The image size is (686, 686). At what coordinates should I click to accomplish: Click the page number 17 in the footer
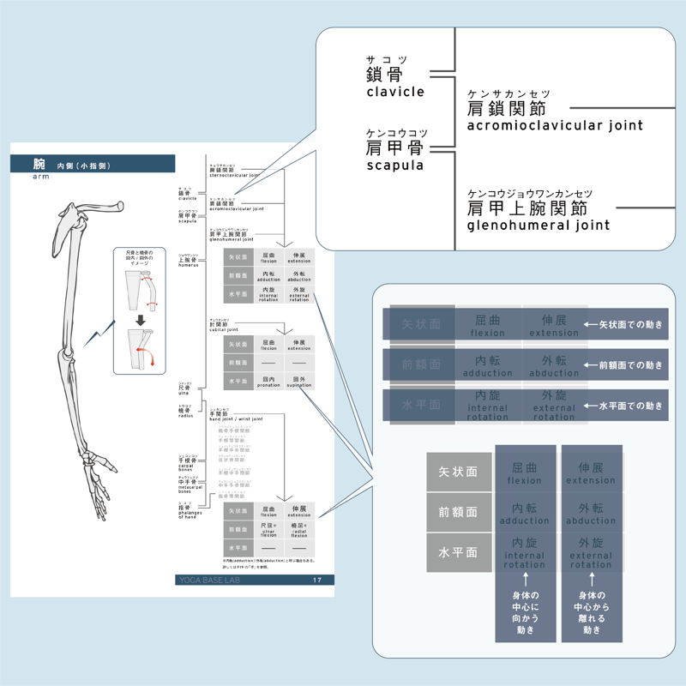316,580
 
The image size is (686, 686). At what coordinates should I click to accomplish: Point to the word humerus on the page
188,265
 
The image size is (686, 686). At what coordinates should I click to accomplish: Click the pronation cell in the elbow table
268,381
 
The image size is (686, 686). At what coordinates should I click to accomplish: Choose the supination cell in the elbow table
298,381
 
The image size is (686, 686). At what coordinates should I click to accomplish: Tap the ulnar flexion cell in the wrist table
268,530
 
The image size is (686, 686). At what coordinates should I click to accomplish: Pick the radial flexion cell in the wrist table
298,530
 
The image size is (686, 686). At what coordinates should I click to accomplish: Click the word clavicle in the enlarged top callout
395,92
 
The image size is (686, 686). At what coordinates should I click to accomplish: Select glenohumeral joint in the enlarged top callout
539,225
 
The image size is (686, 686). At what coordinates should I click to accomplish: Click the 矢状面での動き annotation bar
624,324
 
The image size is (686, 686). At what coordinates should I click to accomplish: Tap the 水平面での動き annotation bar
624,405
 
